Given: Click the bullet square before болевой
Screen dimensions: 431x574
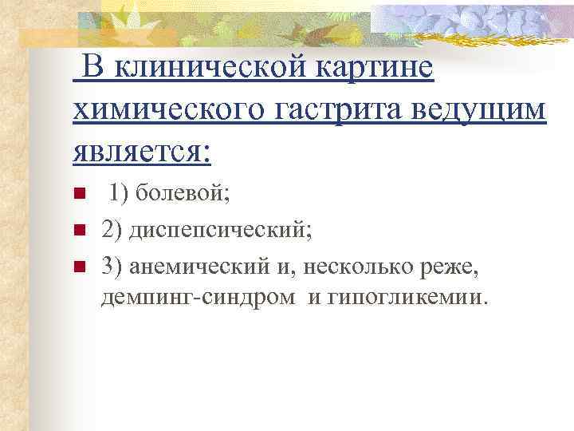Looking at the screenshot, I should point(77,192).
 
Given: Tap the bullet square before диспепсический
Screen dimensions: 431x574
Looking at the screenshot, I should point(77,231).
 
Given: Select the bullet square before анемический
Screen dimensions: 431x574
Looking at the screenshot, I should point(77,267).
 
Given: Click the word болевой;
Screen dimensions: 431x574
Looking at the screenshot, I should point(173,192).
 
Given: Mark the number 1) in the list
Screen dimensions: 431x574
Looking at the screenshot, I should point(120,192).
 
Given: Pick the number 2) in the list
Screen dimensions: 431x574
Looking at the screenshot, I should point(112,231).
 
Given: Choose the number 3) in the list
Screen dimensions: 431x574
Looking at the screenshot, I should point(112,267).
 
